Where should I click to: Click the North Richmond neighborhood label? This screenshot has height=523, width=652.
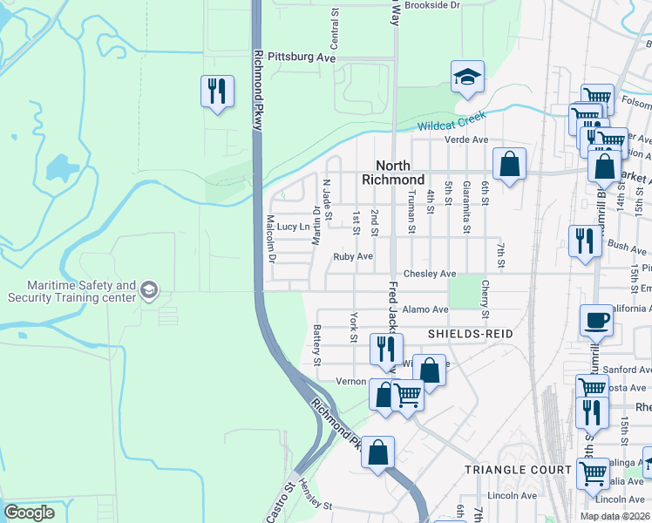point(400,172)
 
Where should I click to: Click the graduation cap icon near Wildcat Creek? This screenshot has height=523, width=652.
point(467,78)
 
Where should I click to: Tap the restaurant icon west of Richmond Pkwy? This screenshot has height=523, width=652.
point(216,91)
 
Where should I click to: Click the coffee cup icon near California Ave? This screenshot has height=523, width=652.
point(597,321)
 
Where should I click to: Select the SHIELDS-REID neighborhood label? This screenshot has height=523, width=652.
point(468,334)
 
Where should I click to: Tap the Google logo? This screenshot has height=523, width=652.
point(30,513)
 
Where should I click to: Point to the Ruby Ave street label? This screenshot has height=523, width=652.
point(353,257)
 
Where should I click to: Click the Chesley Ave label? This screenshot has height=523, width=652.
point(436,274)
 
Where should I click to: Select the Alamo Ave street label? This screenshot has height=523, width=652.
point(426,309)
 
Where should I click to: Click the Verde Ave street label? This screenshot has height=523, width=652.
point(466,139)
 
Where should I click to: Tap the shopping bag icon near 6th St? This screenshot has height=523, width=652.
point(509,164)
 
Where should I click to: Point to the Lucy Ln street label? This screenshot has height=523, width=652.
point(293,227)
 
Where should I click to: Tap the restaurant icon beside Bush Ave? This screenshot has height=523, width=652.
point(583,241)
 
